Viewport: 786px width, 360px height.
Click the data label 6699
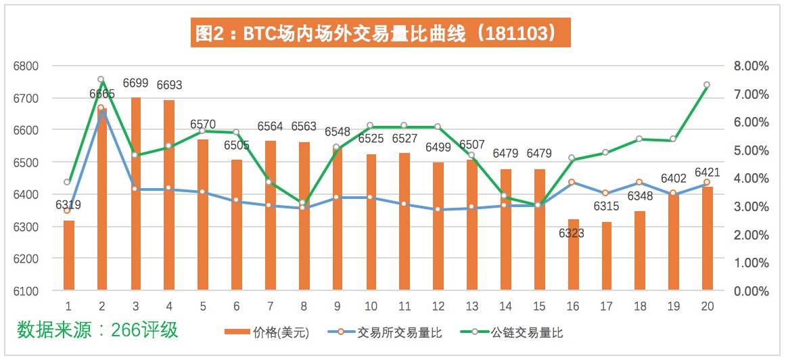tap(136, 84)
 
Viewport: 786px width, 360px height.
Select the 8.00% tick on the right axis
tap(750, 66)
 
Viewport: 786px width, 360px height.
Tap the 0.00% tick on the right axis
tap(750, 291)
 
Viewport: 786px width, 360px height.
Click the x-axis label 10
tap(371, 306)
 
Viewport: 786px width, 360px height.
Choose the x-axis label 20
tap(708, 306)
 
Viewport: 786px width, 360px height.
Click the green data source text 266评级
tap(97, 330)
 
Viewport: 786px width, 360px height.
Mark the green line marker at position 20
tap(707, 85)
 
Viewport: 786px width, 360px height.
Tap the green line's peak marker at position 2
tap(101, 80)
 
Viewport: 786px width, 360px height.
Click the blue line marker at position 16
tap(572, 182)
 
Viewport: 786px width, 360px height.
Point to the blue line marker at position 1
tap(67, 210)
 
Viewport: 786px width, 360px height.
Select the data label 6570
tap(203, 125)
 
